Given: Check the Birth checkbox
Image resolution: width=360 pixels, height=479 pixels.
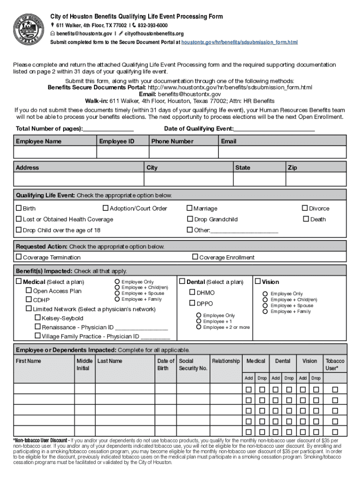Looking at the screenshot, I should tap(19, 208).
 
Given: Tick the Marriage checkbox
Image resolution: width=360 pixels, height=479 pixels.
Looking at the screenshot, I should tap(190, 208).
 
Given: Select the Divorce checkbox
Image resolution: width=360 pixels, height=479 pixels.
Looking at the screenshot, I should tap(305, 208).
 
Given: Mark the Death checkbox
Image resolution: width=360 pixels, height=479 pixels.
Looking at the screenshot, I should tap(306, 219).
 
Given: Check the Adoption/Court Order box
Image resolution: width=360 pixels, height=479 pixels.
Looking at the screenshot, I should tap(106, 208).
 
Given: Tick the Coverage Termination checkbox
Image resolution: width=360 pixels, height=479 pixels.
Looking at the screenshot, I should tap(19, 257).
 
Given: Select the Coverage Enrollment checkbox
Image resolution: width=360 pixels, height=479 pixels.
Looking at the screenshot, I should tap(195, 257).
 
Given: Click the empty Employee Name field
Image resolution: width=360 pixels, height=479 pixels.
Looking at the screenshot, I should tap(55, 153).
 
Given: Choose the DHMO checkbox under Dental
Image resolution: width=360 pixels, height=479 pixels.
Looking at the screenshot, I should tap(192, 292).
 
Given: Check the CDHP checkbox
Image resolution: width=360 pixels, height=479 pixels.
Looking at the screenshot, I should tap(29, 300).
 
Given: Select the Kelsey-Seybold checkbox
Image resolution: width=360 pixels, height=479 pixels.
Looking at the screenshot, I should tap(38, 318).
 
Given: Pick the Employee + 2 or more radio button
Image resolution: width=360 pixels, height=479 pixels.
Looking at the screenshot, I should tap(199, 327).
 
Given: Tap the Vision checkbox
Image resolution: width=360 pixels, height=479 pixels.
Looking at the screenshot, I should tap(258, 282).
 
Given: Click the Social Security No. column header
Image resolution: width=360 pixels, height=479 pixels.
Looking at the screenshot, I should tap(193, 364).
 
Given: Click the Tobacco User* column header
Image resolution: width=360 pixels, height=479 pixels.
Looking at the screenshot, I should tap(335, 364).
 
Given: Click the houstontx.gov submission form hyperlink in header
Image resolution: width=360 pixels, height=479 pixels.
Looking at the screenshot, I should tap(239, 42).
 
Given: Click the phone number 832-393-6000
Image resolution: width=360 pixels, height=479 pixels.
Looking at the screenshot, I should tap(152, 25).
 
